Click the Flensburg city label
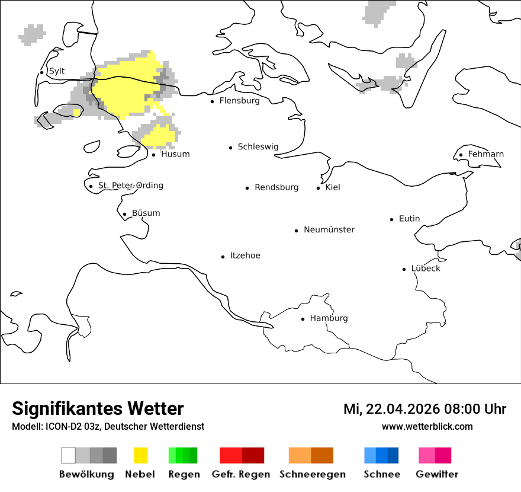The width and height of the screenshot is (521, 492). pyautogui.click(x=239, y=101)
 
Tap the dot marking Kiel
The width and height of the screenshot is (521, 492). pyautogui.click(x=318, y=188)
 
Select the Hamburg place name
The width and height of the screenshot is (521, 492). pyautogui.click(x=329, y=318)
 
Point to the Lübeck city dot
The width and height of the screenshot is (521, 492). pyautogui.click(x=404, y=269)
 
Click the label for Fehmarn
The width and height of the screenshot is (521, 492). pyautogui.click(x=485, y=154)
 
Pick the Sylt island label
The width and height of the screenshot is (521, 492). pyautogui.click(x=57, y=71)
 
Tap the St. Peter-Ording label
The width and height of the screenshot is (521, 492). pyautogui.click(x=130, y=186)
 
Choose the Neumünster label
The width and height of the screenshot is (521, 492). pyautogui.click(x=329, y=229)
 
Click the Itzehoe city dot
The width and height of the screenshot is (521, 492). pyautogui.click(x=223, y=257)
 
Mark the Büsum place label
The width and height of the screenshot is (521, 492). pyautogui.click(x=146, y=213)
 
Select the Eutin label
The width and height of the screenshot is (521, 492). pyautogui.click(x=409, y=219)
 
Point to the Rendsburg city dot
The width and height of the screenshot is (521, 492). pyautogui.click(x=247, y=188)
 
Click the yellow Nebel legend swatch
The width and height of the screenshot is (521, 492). pyautogui.click(x=141, y=455)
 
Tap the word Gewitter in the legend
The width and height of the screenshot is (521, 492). pyautogui.click(x=436, y=474)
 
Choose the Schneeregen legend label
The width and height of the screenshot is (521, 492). pyautogui.click(x=312, y=474)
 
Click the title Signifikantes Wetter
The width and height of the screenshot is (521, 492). pyautogui.click(x=98, y=408)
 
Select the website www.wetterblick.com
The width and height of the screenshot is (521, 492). pyautogui.click(x=427, y=426)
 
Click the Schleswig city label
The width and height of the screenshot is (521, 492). pyautogui.click(x=258, y=147)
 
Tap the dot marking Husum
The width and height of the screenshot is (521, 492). pyautogui.click(x=153, y=155)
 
